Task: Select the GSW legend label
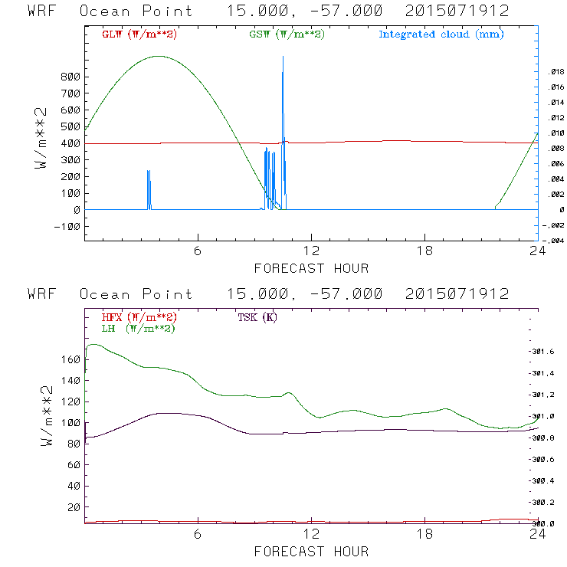(x=286, y=34)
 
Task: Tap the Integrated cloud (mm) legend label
(x=441, y=34)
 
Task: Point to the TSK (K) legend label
(x=257, y=317)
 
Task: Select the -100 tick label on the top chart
(x=67, y=226)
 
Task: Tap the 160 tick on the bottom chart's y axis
(x=70, y=359)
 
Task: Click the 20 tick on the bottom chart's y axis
(x=74, y=507)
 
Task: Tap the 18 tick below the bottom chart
(x=424, y=535)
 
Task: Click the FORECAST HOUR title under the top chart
(x=311, y=268)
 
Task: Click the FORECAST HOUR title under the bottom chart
(x=311, y=551)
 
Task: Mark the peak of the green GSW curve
(x=159, y=56)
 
